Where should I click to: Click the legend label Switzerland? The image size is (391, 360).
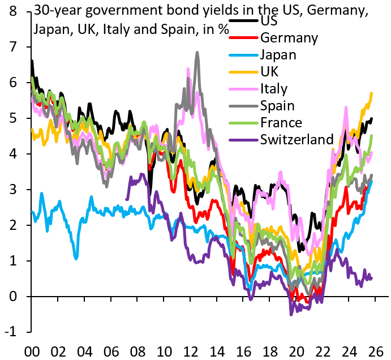coord(297,139)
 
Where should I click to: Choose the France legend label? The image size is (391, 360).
coord(281,122)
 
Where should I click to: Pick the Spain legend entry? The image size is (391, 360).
coord(278,106)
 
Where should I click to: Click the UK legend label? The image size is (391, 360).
coord(269,72)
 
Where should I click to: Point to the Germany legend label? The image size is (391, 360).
coord(289,38)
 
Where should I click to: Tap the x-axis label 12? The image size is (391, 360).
coord(191,350)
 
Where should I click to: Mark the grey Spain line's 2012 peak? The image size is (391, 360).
coord(197,53)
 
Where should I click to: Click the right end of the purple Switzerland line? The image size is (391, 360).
coord(372,277)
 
